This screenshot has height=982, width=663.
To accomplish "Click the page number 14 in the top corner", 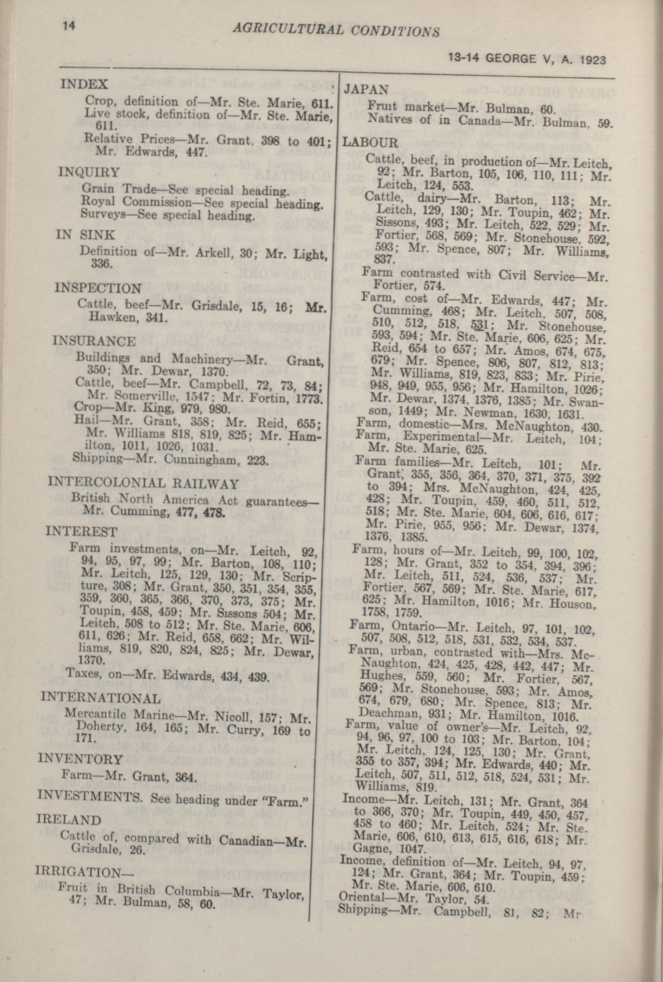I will click(69, 26).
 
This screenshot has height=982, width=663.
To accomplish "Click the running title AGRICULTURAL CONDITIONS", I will click(336, 30).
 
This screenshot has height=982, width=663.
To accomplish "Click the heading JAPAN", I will click(366, 90).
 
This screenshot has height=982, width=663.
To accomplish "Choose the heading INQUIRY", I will click(88, 172).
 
